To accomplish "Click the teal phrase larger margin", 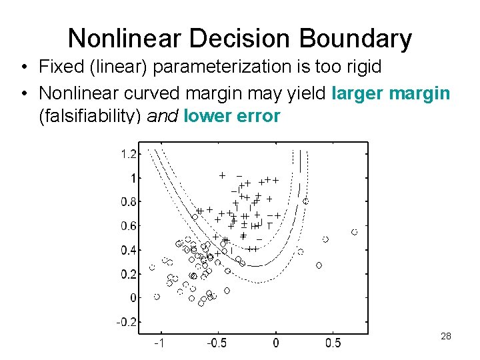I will point(391,94).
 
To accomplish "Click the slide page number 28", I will point(446,336).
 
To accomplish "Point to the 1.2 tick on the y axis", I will point(129,154).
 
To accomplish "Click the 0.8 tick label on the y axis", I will point(129,202).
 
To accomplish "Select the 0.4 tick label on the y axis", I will point(129,250).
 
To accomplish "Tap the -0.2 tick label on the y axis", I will point(127,322).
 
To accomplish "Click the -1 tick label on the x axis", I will point(160,343).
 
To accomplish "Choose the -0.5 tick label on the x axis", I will point(217,343).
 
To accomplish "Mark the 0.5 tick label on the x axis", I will point(333,343).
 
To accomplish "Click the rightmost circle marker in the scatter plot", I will point(354,232).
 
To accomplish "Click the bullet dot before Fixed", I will point(23,67).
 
